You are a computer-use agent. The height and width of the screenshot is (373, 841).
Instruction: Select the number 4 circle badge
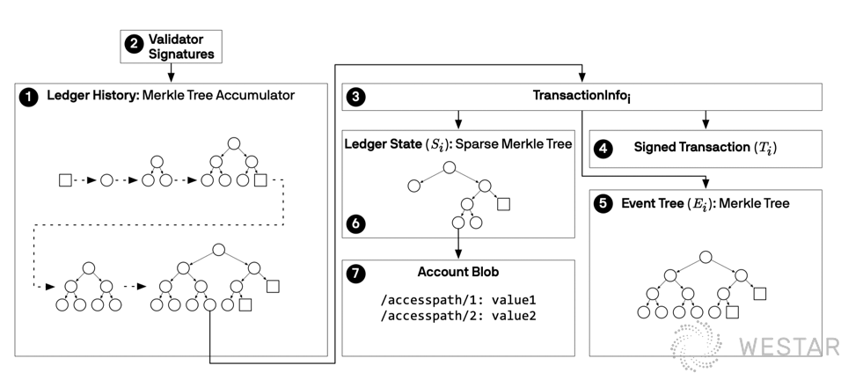click(603, 149)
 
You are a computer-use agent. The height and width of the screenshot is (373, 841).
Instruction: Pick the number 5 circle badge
click(603, 204)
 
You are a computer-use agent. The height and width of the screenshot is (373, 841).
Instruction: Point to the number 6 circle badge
click(355, 224)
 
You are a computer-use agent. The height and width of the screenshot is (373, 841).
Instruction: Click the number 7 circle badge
click(355, 274)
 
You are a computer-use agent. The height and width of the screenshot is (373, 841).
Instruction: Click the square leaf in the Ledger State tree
click(504, 204)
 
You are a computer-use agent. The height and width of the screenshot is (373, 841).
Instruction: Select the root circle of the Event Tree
click(706, 257)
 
